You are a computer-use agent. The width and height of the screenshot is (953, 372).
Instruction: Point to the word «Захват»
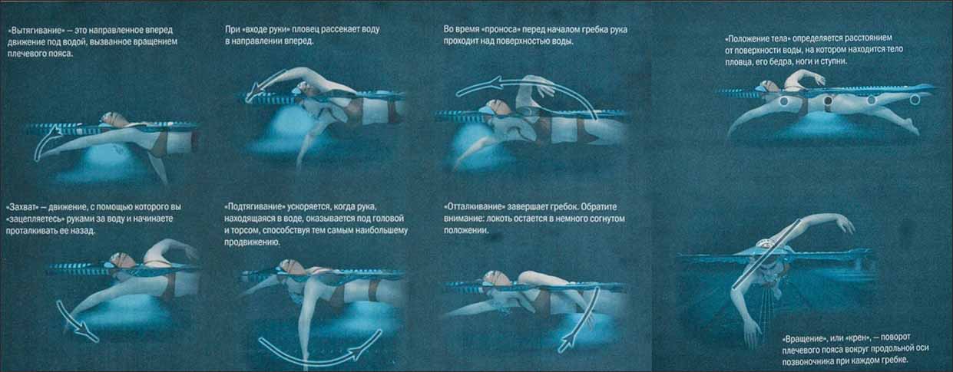click(23, 207)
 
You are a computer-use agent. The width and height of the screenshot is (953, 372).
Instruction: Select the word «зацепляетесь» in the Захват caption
click(36, 219)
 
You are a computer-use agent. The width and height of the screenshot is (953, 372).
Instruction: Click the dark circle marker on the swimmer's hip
click(828, 100)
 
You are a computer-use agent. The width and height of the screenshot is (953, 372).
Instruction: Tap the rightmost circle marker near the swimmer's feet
click(915, 100)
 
